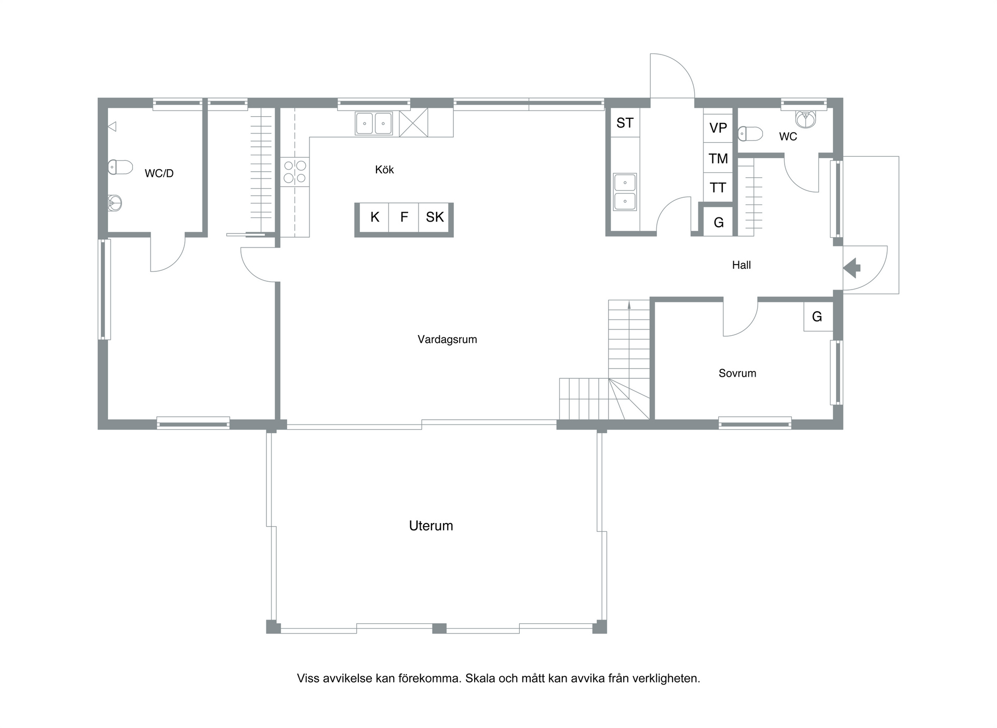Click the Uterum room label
(x=431, y=526)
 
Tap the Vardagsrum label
(x=447, y=339)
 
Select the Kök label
(x=384, y=170)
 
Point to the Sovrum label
(x=737, y=373)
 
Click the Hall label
(x=742, y=265)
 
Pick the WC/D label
(x=159, y=173)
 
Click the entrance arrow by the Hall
(x=852, y=268)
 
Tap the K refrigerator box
(x=374, y=217)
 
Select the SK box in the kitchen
(x=435, y=217)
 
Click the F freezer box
(x=404, y=217)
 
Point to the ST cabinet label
(x=625, y=123)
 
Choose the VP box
(x=718, y=128)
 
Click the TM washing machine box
(x=718, y=158)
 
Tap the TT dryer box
(x=718, y=187)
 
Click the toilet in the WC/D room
(x=120, y=167)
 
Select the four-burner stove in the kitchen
(x=295, y=172)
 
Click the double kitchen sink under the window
(x=374, y=123)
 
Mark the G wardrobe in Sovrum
(x=818, y=317)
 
